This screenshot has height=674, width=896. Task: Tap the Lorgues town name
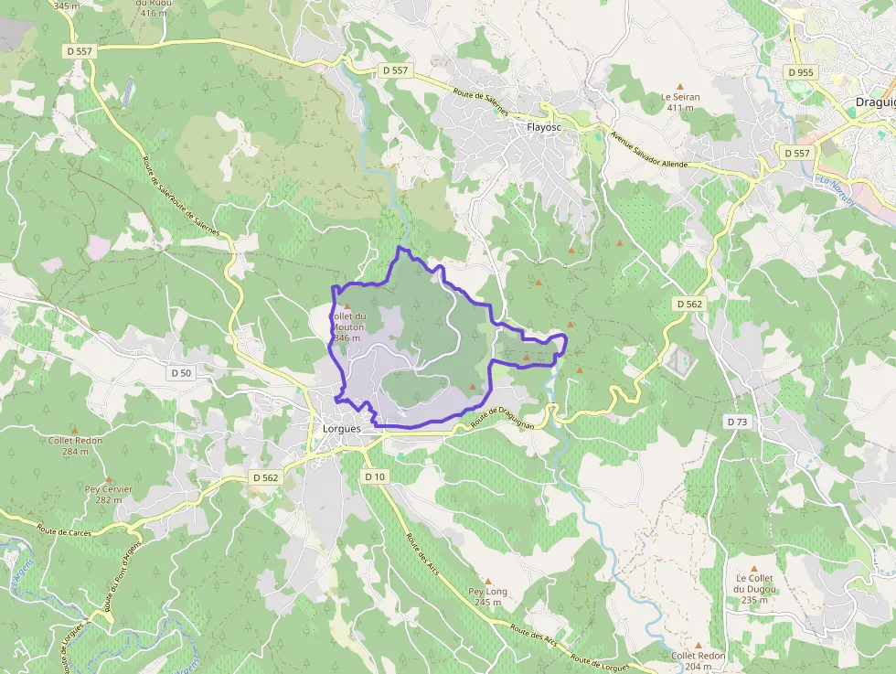pyautogui.click(x=342, y=428)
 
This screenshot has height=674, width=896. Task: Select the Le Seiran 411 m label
pyautogui.click(x=679, y=101)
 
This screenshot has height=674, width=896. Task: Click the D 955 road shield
pyautogui.click(x=799, y=71)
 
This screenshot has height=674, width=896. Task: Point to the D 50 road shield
pyautogui.click(x=182, y=372)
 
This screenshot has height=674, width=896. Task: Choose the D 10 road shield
pyautogui.click(x=375, y=476)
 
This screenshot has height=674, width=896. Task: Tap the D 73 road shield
pyautogui.click(x=737, y=422)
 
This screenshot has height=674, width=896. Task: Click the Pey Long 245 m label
pyautogui.click(x=487, y=596)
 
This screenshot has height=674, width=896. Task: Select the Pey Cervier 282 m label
pyautogui.click(x=109, y=494)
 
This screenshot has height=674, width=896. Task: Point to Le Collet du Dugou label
pyautogui.click(x=754, y=589)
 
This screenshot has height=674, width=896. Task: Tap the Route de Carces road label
pyautogui.click(x=65, y=530)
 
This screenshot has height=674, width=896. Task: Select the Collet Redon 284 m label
pyautogui.click(x=75, y=445)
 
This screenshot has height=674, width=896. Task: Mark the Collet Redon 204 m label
pyautogui.click(x=698, y=661)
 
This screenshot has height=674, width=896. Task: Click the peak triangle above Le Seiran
pyautogui.click(x=679, y=86)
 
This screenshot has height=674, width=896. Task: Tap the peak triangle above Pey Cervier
pyautogui.click(x=108, y=478)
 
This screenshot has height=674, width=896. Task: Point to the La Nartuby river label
pyautogui.click(x=835, y=190)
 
